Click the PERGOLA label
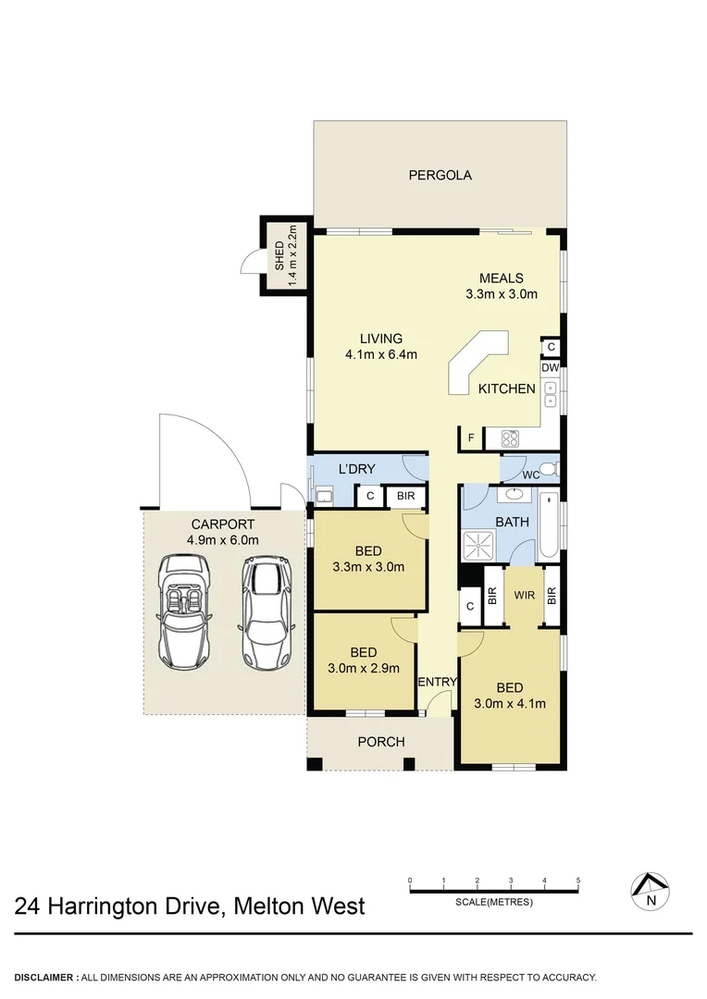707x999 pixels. [440, 175]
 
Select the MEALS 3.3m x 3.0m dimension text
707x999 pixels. [501, 295]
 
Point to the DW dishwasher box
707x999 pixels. [550, 367]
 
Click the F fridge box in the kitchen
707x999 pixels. [470, 438]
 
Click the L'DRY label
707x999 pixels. [355, 469]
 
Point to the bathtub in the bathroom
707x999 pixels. [549, 527]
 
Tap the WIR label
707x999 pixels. [525, 597]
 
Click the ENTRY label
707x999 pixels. [437, 683]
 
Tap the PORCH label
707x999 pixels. [380, 742]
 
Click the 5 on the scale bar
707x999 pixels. [578, 880]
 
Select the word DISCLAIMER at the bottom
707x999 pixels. [45, 977]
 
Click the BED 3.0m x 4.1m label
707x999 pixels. [509, 695]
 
